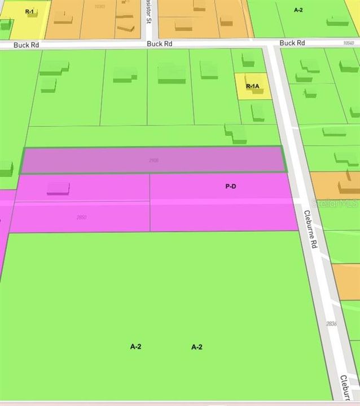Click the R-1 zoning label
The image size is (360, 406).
click(x=29, y=11)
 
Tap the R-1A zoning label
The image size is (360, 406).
click(x=252, y=86)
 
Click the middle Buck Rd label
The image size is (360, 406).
click(x=159, y=43)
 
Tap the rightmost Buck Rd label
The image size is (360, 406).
click(x=292, y=43)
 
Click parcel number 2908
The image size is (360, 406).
click(x=153, y=161)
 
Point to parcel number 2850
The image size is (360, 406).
click(x=81, y=217)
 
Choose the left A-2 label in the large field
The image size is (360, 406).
click(x=135, y=347)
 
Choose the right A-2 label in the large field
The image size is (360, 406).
click(x=196, y=347)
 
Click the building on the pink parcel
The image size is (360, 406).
click(x=58, y=188)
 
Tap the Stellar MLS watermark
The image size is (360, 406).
click(x=337, y=201)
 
